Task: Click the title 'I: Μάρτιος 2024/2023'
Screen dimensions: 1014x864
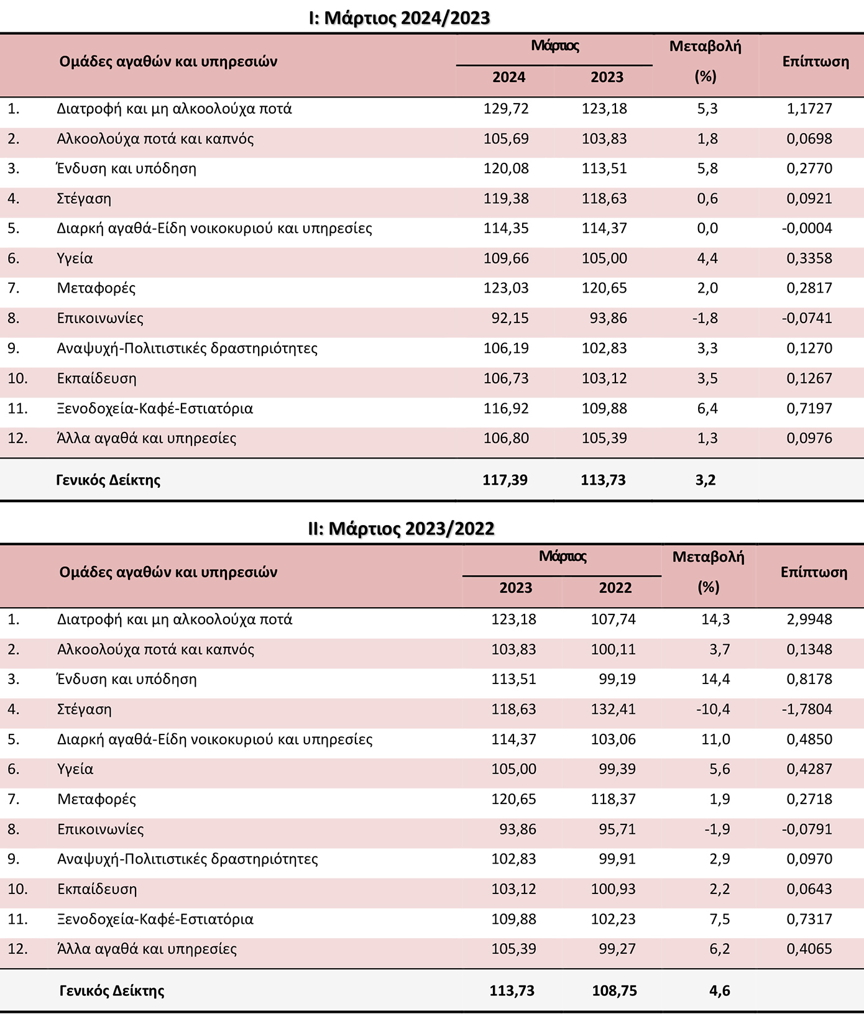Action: click(x=400, y=18)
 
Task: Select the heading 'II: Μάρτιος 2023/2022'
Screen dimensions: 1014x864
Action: click(x=402, y=529)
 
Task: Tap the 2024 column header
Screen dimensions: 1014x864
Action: click(x=508, y=78)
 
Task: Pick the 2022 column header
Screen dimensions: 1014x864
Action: click(x=615, y=588)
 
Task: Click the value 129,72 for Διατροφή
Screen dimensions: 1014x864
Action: click(x=506, y=109)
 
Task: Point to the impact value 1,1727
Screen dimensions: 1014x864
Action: click(x=809, y=109)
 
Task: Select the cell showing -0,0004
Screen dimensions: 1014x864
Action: click(x=807, y=229)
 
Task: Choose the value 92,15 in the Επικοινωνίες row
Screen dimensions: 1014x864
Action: click(x=510, y=318)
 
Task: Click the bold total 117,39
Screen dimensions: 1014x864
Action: click(x=505, y=480)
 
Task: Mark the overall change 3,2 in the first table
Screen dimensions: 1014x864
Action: click(x=705, y=480)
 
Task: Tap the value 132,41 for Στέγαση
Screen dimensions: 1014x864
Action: click(x=613, y=710)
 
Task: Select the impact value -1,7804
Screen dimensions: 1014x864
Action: click(x=807, y=710)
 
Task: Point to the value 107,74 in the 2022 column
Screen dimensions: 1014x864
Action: click(x=613, y=619)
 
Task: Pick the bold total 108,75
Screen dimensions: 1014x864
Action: click(x=614, y=991)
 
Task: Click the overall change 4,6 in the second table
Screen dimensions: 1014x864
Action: click(x=719, y=991)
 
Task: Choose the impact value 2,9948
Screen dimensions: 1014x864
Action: click(x=809, y=619)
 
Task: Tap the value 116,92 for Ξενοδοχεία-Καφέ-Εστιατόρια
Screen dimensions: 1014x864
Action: click(x=506, y=409)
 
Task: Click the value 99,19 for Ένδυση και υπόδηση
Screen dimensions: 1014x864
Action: click(x=617, y=679)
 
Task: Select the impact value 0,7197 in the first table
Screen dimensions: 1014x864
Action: click(x=809, y=409)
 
